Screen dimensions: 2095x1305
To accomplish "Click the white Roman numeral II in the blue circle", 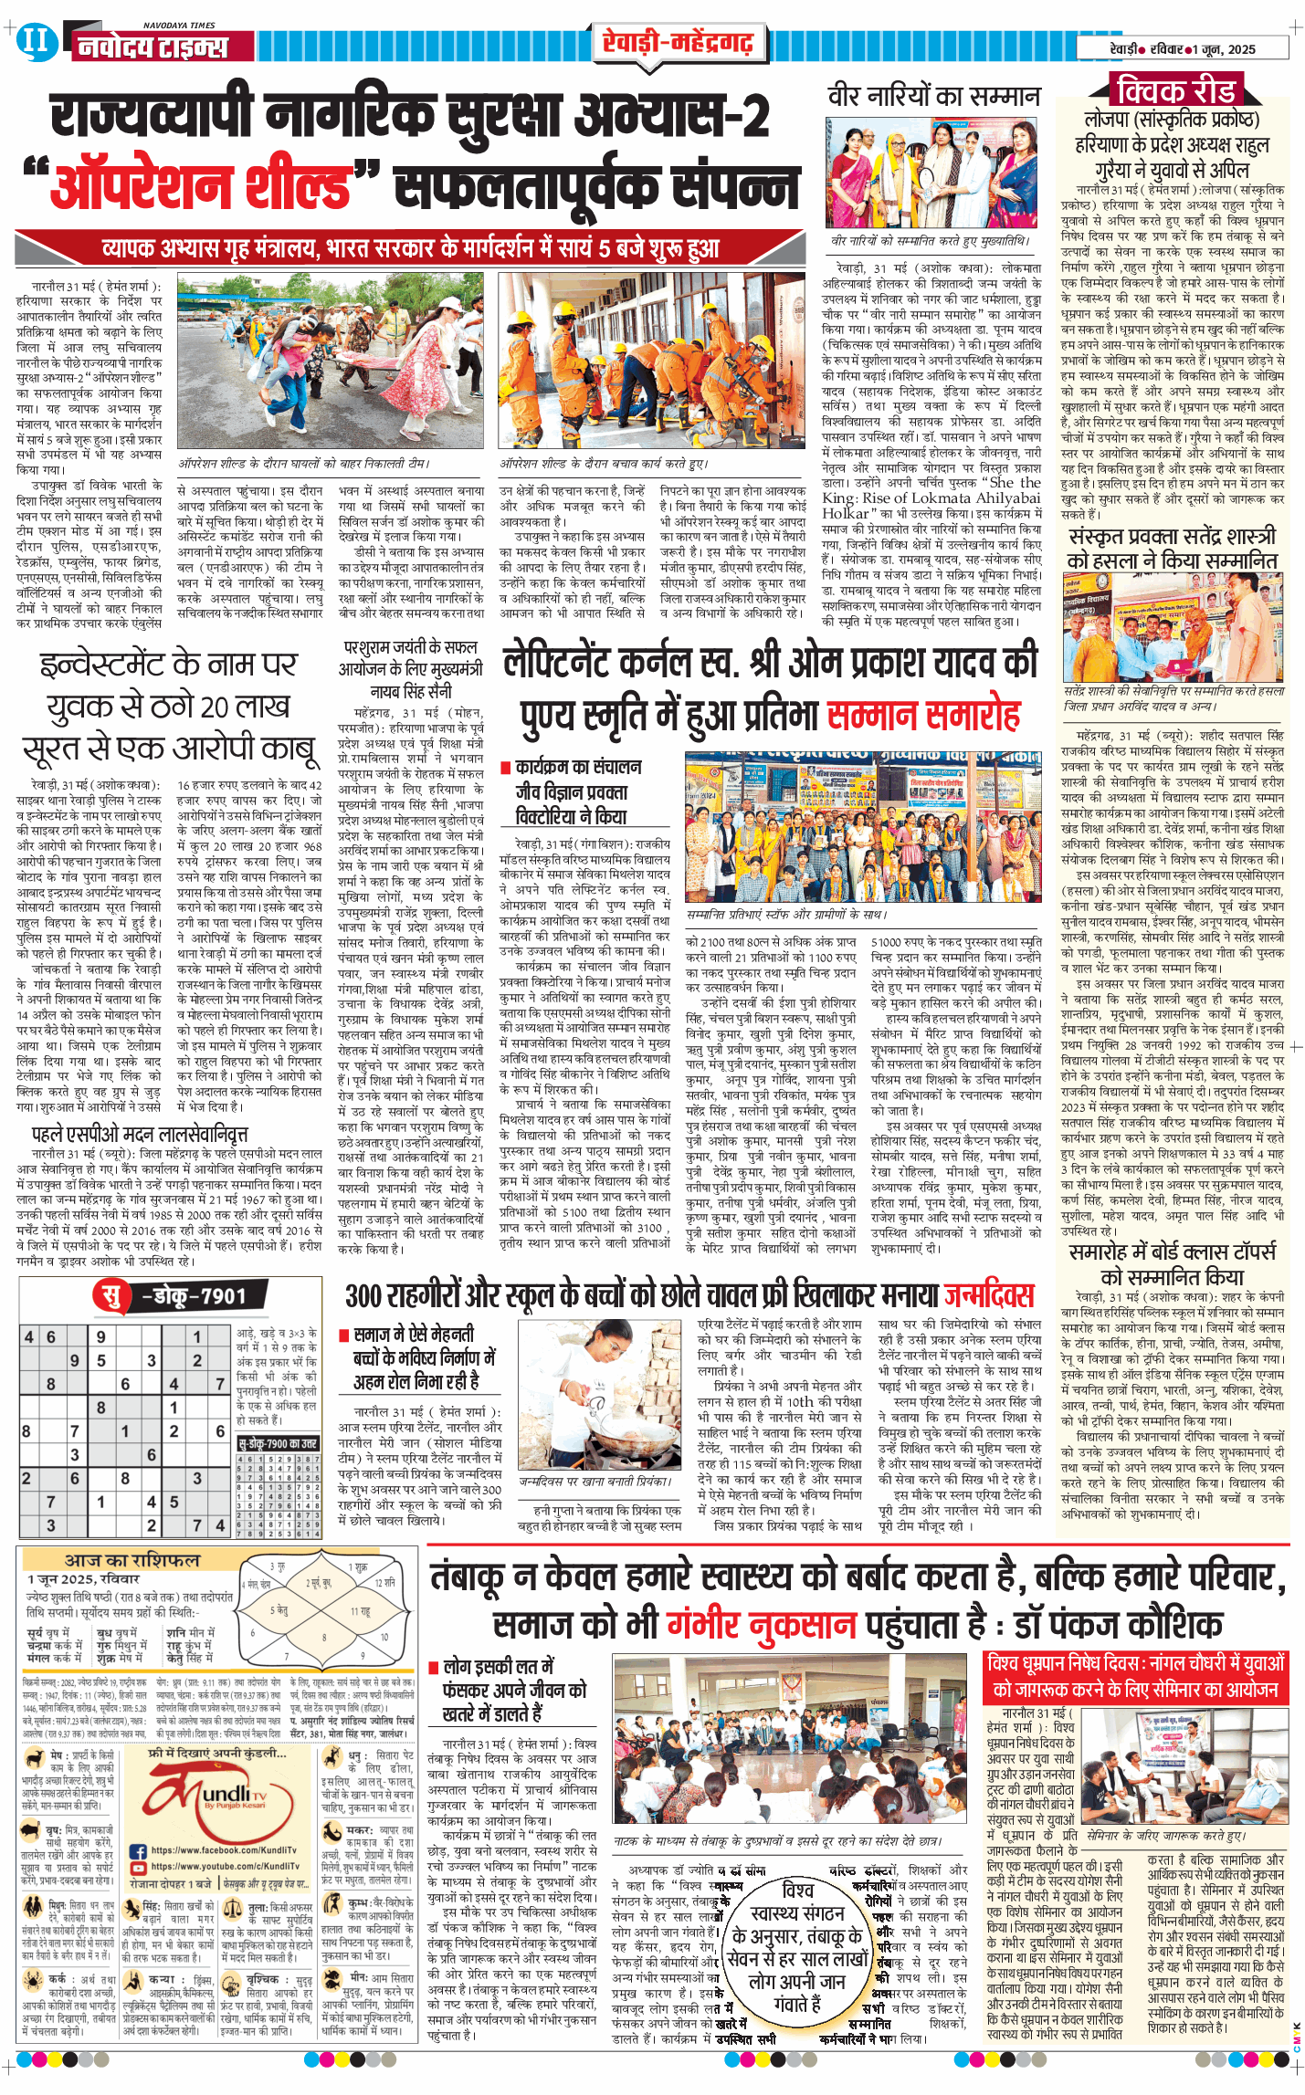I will pos(35,41).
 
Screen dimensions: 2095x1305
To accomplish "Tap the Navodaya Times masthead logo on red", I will pos(152,47).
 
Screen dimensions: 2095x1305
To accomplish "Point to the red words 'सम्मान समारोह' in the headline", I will pos(923,716).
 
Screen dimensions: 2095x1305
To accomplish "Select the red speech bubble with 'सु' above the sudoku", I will pos(111,1295).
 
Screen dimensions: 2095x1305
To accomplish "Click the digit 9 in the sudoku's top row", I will pos(100,1336).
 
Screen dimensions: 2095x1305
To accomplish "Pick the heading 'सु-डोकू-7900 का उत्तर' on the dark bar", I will pos(278,1443).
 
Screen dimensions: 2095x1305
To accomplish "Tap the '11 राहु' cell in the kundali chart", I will pos(360,1612).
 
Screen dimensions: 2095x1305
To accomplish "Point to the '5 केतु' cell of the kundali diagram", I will pos(279,1611).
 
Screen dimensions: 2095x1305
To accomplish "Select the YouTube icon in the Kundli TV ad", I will pos(139,1866).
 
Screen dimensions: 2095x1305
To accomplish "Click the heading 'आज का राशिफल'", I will pos(132,1560).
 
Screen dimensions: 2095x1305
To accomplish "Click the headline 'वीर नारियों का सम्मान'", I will pos(933,96).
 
